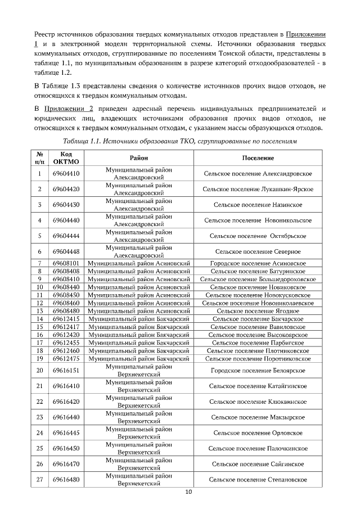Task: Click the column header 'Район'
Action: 138,158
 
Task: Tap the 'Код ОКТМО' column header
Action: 66,158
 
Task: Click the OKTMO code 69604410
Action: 66,174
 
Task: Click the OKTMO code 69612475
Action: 66,358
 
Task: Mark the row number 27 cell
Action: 40,480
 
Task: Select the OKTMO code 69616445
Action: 66,433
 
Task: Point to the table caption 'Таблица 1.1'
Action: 83,140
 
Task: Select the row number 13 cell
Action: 40,310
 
